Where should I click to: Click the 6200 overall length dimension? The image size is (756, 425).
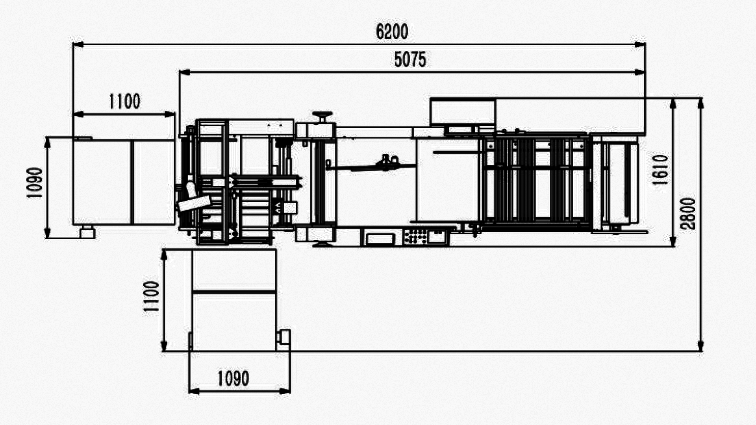point(392,31)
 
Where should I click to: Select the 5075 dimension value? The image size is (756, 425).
point(410,59)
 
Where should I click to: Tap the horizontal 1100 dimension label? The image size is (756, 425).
point(124,102)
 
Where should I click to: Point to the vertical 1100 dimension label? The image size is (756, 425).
point(151,296)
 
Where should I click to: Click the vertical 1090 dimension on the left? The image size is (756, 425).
point(35,183)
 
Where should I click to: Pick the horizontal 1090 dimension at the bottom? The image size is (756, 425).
point(233,379)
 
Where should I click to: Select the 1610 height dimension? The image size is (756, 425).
point(660,170)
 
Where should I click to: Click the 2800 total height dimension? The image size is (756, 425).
point(688,214)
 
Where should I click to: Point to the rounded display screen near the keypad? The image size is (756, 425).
point(380,238)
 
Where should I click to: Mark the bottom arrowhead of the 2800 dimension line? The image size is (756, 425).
point(700,346)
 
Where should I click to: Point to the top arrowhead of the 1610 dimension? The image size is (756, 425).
point(673,103)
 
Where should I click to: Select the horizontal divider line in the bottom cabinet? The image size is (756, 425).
point(234,292)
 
